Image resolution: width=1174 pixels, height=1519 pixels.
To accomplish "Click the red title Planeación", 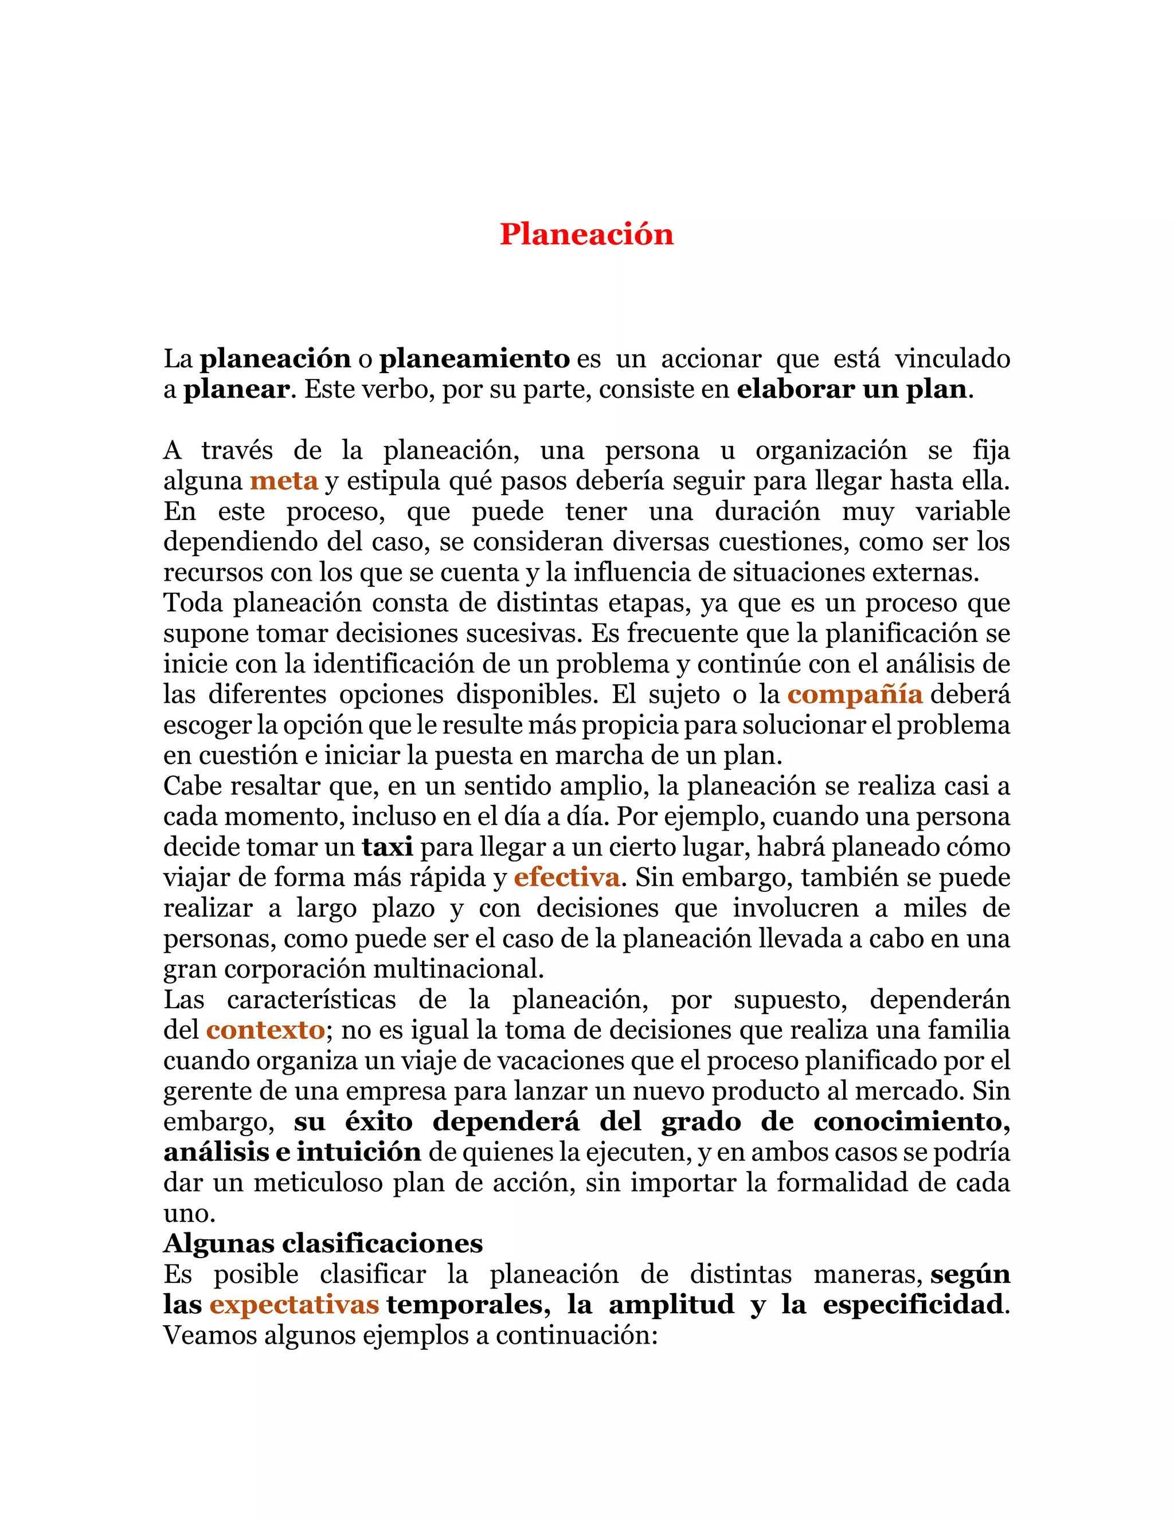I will (x=586, y=234).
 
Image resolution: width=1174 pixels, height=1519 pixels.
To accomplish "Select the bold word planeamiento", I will (x=474, y=359).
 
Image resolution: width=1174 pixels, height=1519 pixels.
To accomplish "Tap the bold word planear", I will (x=236, y=389).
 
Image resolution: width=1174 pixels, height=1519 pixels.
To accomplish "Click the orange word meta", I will (x=284, y=480).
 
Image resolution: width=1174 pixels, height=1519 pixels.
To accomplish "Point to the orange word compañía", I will (x=855, y=694).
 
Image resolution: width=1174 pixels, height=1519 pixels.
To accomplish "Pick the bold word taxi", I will (x=388, y=847).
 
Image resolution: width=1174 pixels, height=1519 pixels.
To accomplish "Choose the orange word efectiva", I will (x=567, y=878).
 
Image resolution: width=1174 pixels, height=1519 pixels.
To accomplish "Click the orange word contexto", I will (x=265, y=1030).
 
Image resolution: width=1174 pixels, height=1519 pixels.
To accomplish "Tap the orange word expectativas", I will (x=294, y=1304).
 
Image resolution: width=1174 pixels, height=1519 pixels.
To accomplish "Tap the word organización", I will (x=831, y=451).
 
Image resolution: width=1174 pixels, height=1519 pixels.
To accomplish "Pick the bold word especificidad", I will (x=913, y=1304).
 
